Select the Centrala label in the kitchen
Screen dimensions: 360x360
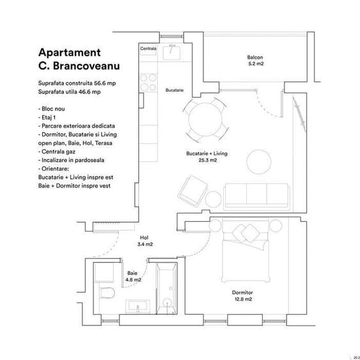click(148, 49)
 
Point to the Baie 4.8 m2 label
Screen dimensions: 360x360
click(134, 276)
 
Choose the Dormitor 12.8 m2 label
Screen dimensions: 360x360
click(242, 295)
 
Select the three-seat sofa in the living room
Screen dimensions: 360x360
click(256, 194)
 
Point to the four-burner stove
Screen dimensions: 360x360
click(148, 82)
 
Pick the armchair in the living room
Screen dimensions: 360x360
click(191, 190)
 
